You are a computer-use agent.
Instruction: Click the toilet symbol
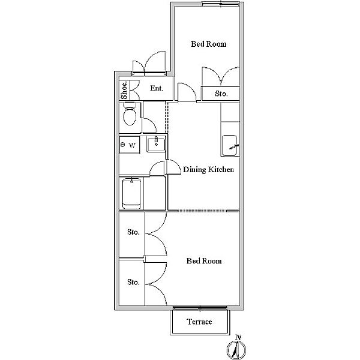(130, 114)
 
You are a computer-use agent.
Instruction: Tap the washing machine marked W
(130, 145)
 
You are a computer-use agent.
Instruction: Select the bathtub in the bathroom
(131, 194)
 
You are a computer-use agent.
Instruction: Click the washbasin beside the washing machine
(156, 145)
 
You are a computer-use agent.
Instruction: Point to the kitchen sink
(230, 146)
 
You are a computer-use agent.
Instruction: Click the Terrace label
(199, 322)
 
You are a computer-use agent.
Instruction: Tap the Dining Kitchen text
(208, 169)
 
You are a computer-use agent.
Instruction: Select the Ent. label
(157, 88)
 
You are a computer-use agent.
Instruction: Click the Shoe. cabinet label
(124, 90)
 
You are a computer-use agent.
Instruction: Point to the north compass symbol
(236, 350)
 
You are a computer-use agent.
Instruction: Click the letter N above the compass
(239, 337)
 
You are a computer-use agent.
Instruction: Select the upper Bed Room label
(208, 44)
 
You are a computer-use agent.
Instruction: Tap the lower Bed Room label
(204, 261)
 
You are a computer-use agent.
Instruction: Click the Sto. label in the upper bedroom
(221, 94)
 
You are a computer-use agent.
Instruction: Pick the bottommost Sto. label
(133, 282)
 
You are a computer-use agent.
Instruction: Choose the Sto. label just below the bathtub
(133, 232)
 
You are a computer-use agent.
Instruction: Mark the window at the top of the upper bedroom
(221, 4)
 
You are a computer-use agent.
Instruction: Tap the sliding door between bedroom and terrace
(200, 308)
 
